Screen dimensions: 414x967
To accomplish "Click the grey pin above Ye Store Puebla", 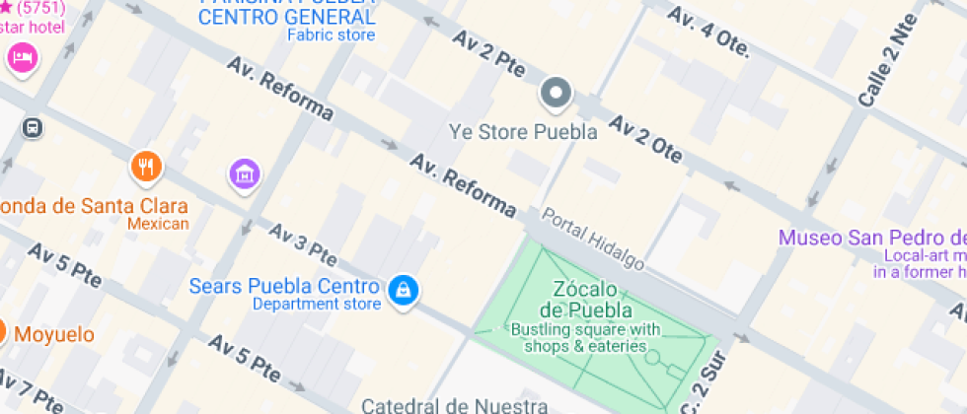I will tap(556, 95).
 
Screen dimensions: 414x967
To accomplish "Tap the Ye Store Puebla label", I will tap(523, 132).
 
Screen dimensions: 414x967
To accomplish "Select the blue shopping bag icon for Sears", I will tap(403, 290).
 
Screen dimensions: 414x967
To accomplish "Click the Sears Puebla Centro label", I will tap(284, 287).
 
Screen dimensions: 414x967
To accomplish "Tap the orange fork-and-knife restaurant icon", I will tap(147, 167).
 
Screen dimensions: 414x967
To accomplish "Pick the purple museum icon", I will tap(244, 174).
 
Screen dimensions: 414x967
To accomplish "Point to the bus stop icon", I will tap(33, 128).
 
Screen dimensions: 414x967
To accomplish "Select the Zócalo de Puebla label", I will tap(585, 300).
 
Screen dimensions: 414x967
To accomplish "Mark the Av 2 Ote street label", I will tap(646, 139).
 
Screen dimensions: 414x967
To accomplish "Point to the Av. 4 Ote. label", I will tap(708, 33).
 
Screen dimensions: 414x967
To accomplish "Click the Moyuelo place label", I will tap(54, 334).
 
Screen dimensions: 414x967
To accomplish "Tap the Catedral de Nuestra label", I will tap(454, 405).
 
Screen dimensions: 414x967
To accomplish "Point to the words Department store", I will tap(316, 305).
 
